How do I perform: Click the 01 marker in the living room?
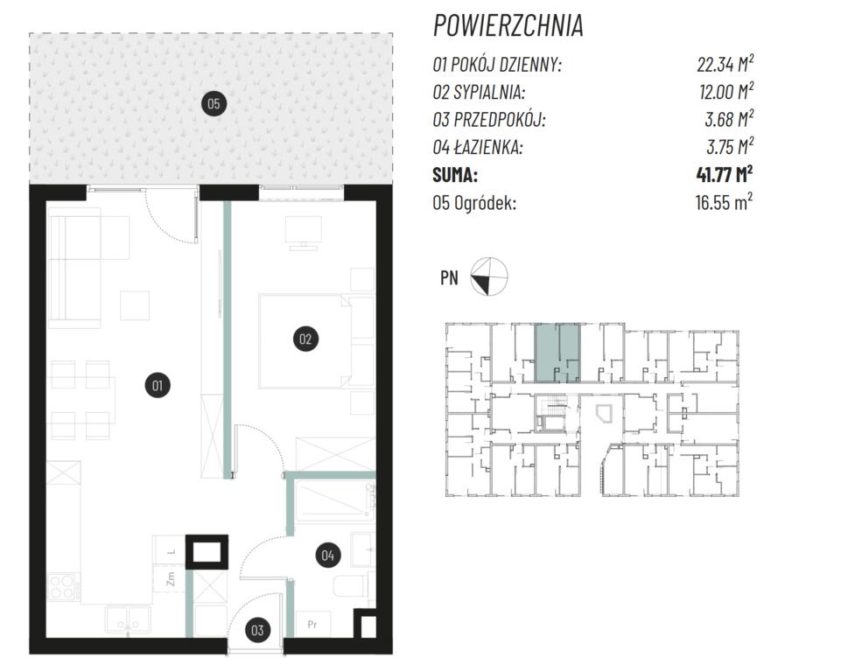pyautogui.click(x=158, y=385)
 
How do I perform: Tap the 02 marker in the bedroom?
pyautogui.click(x=305, y=339)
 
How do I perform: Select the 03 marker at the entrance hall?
pyautogui.click(x=257, y=630)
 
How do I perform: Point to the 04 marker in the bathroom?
pyautogui.click(x=327, y=556)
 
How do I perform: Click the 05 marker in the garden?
pyautogui.click(x=214, y=103)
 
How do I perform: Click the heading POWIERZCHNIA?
pyautogui.click(x=508, y=25)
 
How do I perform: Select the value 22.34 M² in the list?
pyautogui.click(x=725, y=64)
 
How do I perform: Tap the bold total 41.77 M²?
pyautogui.click(x=724, y=174)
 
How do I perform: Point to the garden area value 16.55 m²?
pyautogui.click(x=724, y=202)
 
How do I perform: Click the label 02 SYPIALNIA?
pyautogui.click(x=479, y=92)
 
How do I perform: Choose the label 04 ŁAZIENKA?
pyautogui.click(x=478, y=147)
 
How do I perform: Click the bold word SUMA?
pyautogui.click(x=455, y=175)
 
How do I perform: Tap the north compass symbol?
pyautogui.click(x=488, y=276)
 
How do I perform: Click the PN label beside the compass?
pyautogui.click(x=449, y=278)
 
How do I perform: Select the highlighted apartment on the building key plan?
pyautogui.click(x=557, y=353)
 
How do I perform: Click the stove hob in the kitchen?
pyautogui.click(x=62, y=586)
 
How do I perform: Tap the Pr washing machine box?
pyautogui.click(x=312, y=624)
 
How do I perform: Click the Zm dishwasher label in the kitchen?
pyautogui.click(x=171, y=578)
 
